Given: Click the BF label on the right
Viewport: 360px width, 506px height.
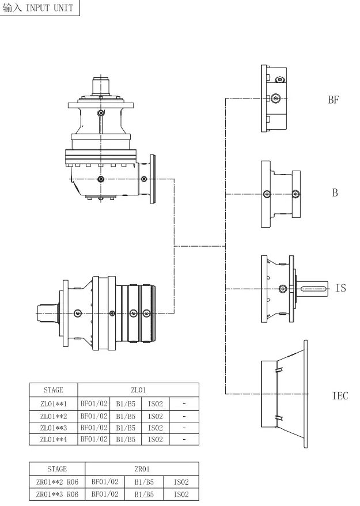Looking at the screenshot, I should (x=334, y=100).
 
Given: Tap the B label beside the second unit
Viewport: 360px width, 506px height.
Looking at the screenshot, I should (x=335, y=193).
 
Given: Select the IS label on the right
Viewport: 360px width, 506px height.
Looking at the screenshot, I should (x=340, y=288).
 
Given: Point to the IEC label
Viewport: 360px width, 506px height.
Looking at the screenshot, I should (x=340, y=396).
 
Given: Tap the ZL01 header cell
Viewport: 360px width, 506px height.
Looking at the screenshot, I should (x=138, y=390).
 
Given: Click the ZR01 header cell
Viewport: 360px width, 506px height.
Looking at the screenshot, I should (x=141, y=469).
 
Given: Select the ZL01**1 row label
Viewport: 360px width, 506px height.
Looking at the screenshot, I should (x=53, y=403).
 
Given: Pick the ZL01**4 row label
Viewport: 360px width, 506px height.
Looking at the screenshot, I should (x=53, y=439).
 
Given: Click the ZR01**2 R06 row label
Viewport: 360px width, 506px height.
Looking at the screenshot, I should (x=57, y=482).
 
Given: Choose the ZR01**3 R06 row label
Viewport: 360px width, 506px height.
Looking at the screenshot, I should (x=57, y=494).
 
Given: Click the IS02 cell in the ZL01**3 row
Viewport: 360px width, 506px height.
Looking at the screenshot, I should (x=156, y=428).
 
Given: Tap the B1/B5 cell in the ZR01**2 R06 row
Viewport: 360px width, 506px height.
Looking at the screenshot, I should (x=143, y=482).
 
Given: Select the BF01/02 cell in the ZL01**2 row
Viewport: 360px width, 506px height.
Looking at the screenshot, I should (x=94, y=416).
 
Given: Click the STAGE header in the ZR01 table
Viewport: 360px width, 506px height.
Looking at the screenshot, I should (x=57, y=469).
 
